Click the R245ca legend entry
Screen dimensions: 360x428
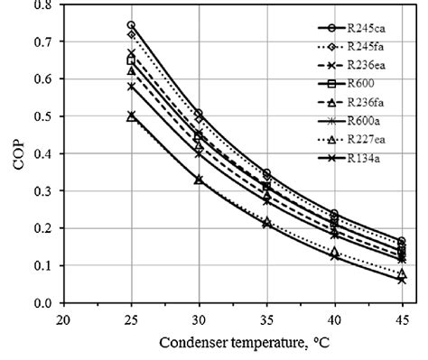(x=372, y=28)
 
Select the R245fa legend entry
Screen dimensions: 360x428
(x=372, y=47)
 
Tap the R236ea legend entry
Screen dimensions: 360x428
(x=372, y=66)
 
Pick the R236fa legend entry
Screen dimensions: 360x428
(x=372, y=104)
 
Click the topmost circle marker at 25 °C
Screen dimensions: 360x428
(x=131, y=25)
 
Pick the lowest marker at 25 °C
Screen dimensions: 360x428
(x=131, y=116)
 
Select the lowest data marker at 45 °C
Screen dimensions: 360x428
(x=402, y=280)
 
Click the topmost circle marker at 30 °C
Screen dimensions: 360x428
(x=199, y=114)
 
